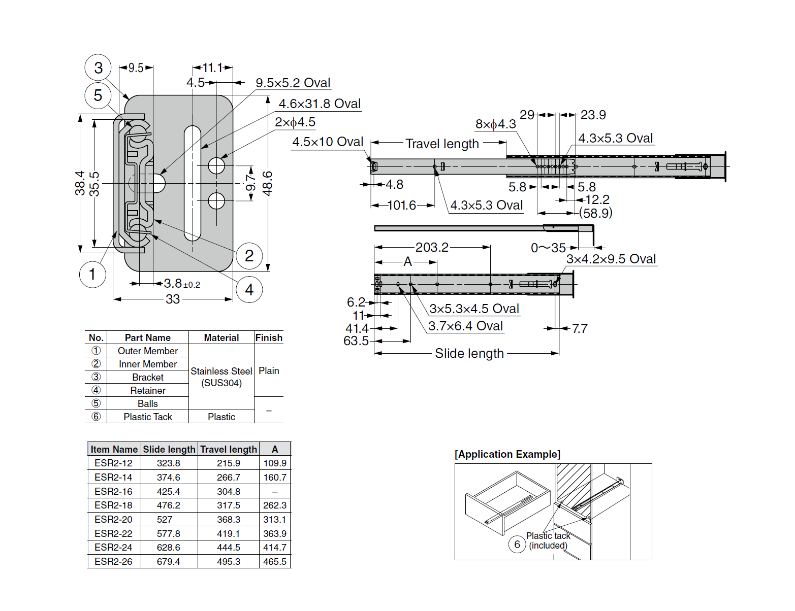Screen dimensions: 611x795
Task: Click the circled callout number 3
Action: point(98,68)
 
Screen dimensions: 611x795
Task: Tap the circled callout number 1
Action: point(92,275)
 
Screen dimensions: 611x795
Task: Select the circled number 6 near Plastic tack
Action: point(517,545)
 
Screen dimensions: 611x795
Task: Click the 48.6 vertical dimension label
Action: point(268,183)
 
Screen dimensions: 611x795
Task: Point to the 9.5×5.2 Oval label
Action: point(293,83)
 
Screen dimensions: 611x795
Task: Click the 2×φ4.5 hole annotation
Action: point(295,122)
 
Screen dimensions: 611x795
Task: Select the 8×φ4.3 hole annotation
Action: point(495,124)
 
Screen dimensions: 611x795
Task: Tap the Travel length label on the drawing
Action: point(442,144)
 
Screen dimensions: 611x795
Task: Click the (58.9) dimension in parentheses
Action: point(595,213)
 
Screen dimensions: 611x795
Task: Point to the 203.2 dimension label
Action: point(432,248)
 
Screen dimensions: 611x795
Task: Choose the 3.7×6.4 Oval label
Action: point(465,326)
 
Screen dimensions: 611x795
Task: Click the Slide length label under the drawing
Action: point(469,354)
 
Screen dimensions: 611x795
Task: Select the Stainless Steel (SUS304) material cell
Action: point(221,377)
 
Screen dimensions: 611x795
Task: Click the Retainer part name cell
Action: point(148,391)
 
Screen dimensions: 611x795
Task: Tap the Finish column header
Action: point(269,338)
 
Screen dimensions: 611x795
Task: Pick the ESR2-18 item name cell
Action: point(113,505)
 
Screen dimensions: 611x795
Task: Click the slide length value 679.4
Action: point(168,562)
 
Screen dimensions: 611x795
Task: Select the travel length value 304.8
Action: point(229,492)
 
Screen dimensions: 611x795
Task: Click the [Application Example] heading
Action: point(507,454)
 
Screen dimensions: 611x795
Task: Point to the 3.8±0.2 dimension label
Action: point(181,284)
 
